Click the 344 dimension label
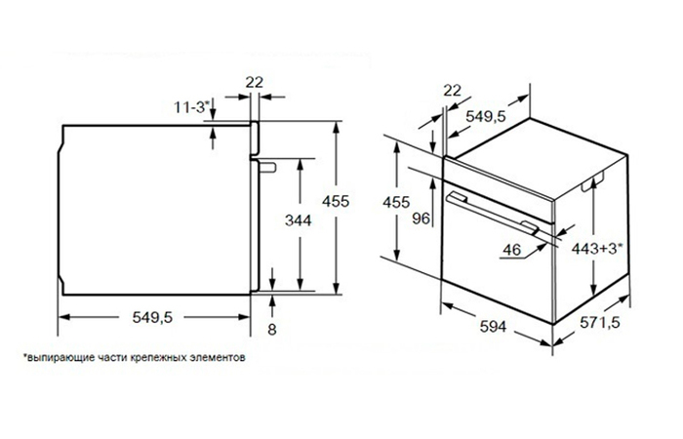[x=301, y=221]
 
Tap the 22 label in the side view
[x=255, y=82]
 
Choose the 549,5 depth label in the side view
[x=152, y=317]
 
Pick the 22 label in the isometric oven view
[x=451, y=92]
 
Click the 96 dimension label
[x=422, y=219]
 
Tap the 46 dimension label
[x=509, y=251]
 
